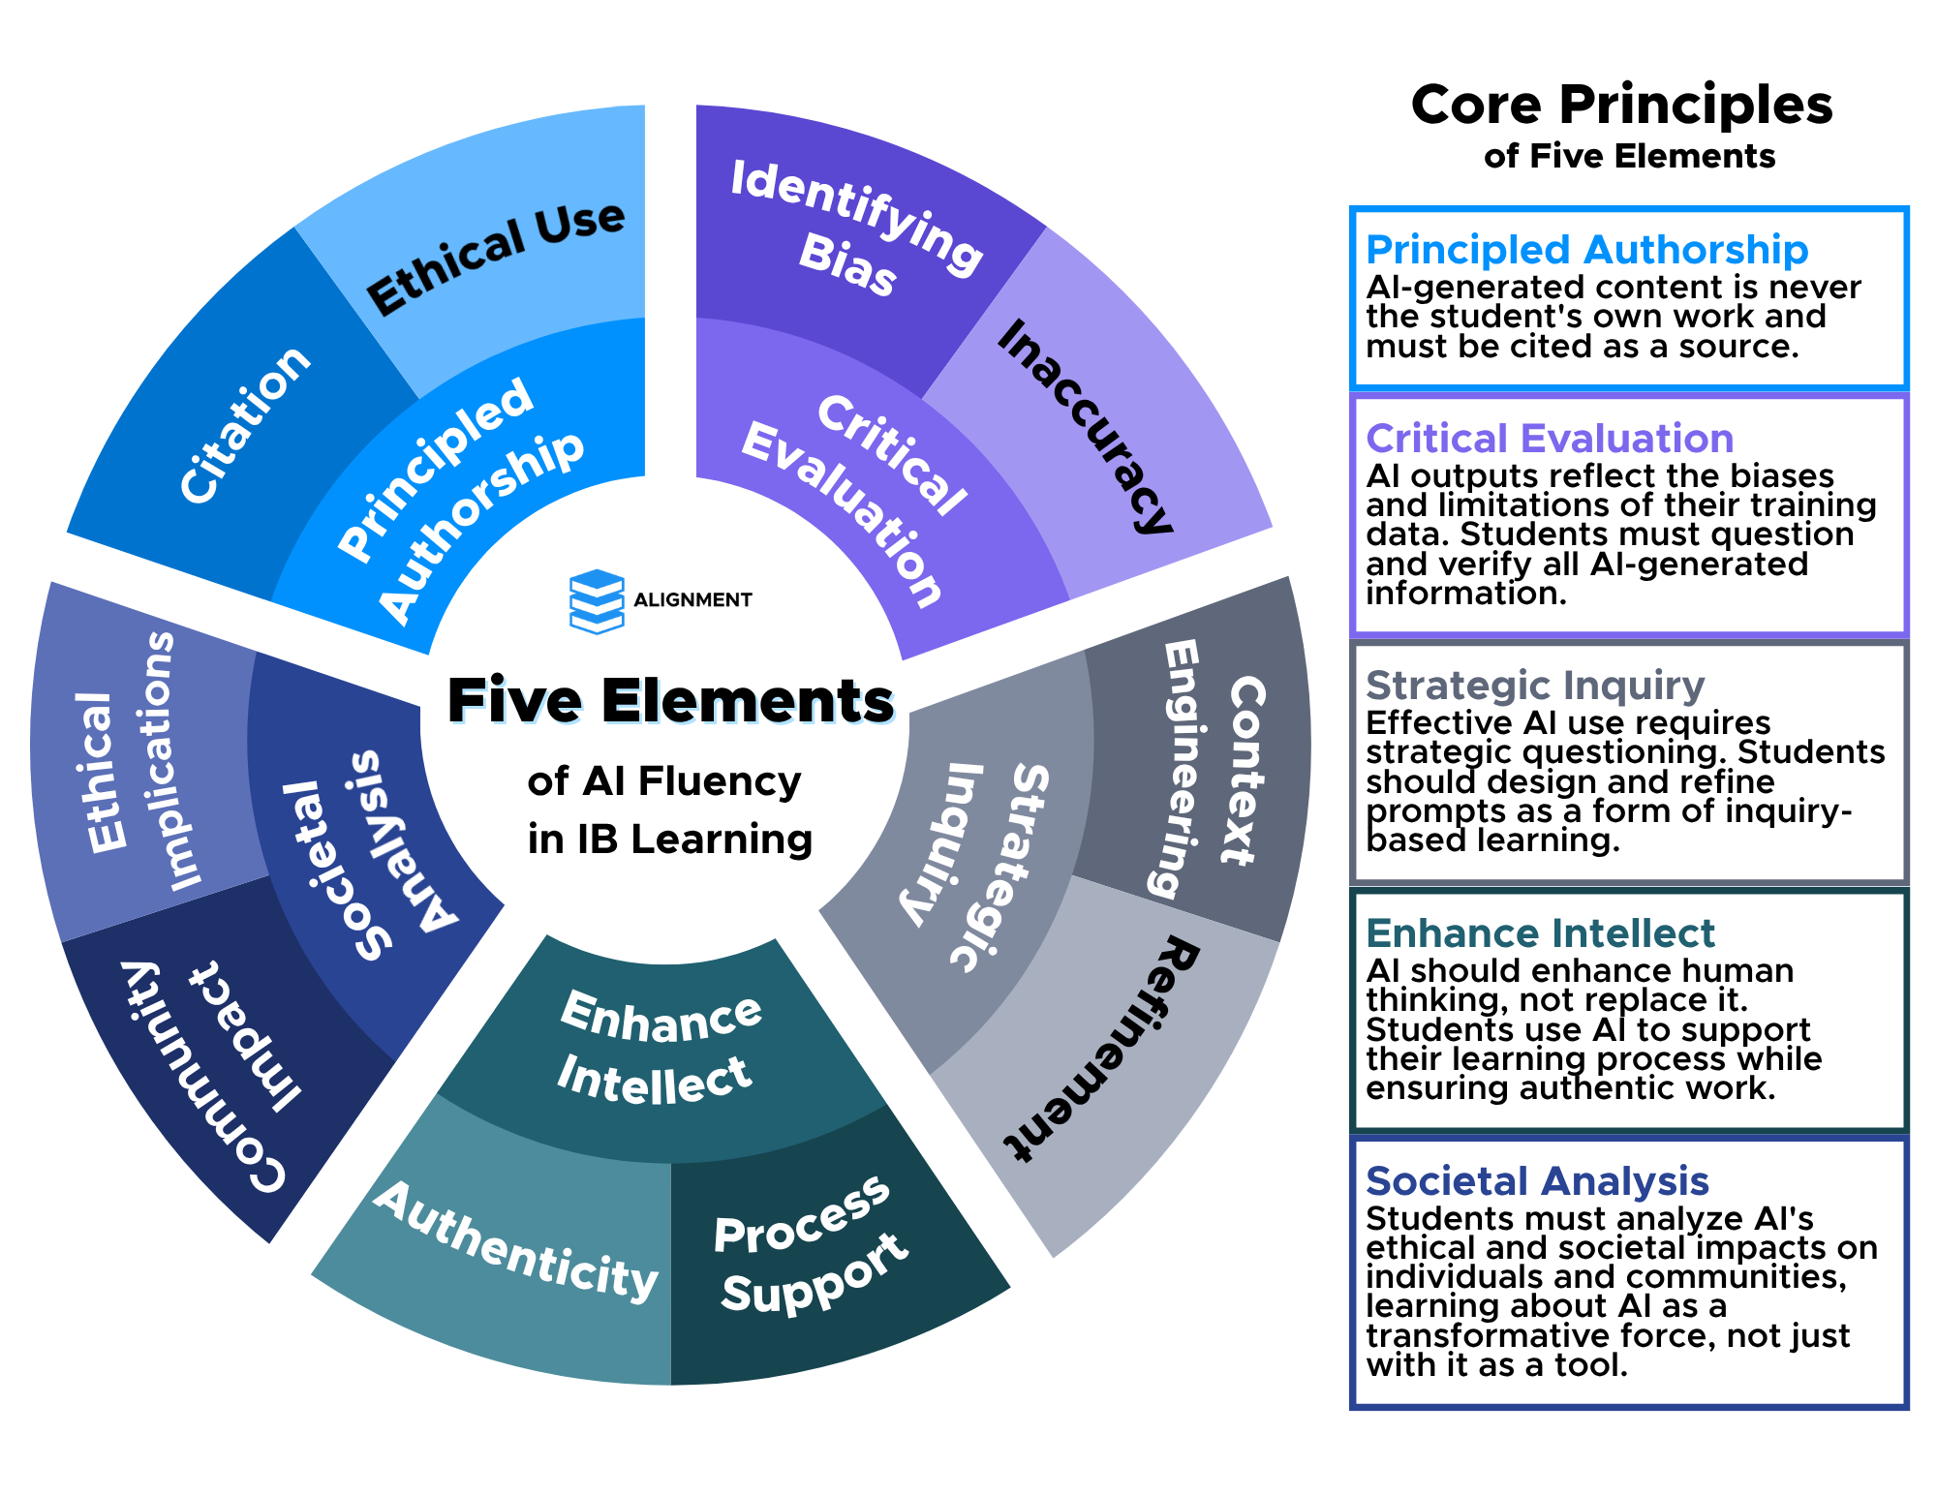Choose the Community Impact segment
click(213, 1065)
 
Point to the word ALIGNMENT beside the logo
click(692, 600)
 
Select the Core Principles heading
click(1622, 105)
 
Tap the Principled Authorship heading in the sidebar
click(1586, 250)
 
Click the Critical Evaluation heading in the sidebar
click(1550, 439)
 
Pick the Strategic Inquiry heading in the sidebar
click(1535, 686)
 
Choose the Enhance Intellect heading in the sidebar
click(1540, 933)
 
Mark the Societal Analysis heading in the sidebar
click(1537, 1181)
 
